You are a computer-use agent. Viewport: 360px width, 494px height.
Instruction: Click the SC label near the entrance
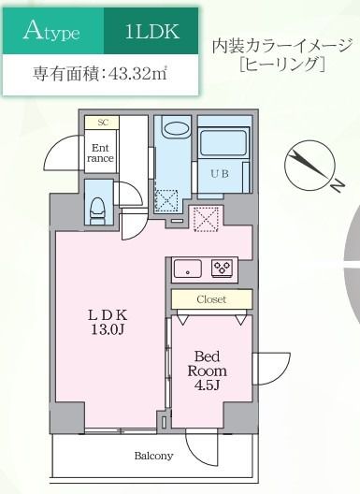coord(102,123)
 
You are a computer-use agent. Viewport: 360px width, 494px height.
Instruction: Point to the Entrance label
coord(101,153)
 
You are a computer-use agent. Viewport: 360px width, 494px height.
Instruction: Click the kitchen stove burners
coord(223,267)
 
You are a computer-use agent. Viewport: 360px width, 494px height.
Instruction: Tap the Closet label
coord(210,299)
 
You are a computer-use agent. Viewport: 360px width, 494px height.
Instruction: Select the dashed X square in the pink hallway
coord(204,217)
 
